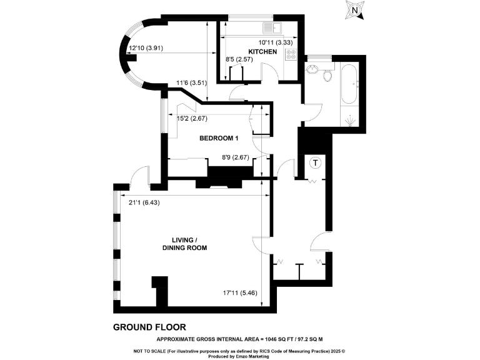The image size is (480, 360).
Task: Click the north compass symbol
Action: (355, 9)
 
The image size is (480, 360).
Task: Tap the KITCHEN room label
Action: (262, 52)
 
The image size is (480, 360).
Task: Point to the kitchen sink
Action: (272, 27)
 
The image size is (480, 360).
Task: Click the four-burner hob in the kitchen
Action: (291, 54)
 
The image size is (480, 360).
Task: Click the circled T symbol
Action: (316, 162)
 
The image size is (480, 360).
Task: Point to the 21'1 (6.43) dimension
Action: (144, 202)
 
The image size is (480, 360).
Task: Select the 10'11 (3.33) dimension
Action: (276, 42)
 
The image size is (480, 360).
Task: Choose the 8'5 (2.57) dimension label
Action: (240, 60)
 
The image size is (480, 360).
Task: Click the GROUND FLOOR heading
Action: (149, 327)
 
